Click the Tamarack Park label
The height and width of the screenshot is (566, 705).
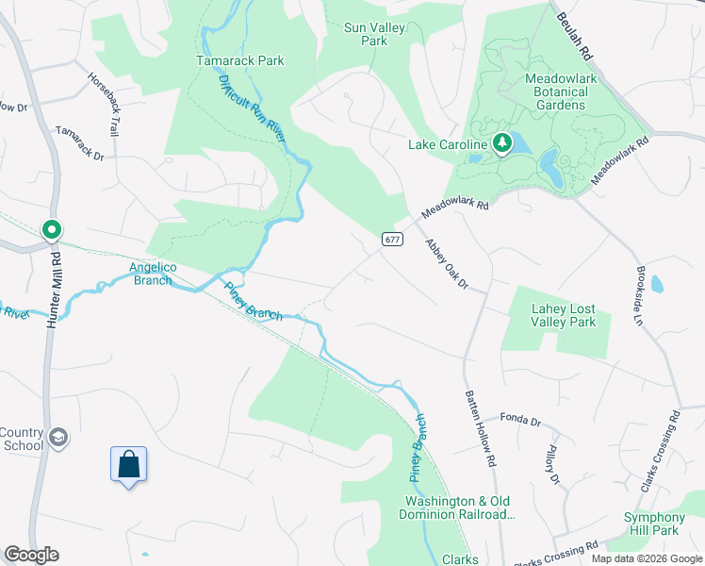coord(239,60)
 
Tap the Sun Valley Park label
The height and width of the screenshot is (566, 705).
coord(374,34)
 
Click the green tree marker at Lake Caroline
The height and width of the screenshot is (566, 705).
coord(502,143)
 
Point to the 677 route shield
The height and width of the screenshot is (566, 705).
coord(393,240)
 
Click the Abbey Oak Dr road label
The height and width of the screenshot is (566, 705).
coord(446,264)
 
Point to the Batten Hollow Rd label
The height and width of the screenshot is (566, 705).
coord(479,430)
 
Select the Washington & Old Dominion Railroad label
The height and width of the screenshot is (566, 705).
coord(459,508)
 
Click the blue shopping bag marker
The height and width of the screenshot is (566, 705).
coord(129,464)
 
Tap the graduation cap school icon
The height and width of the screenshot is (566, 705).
coord(58,438)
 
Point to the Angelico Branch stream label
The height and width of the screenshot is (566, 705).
coord(151,274)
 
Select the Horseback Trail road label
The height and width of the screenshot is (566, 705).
coord(104,106)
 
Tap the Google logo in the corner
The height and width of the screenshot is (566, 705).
coord(31,555)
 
